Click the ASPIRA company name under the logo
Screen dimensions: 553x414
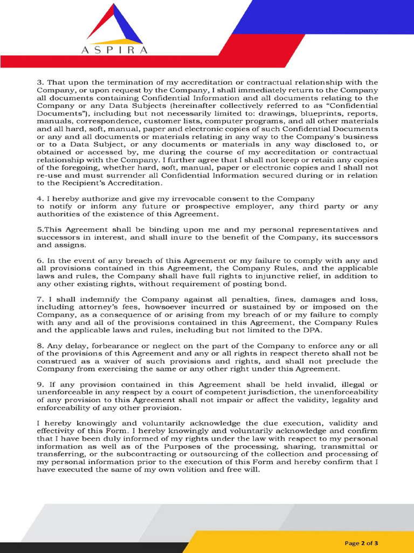click(114, 50)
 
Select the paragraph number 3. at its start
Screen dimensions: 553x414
click(40, 82)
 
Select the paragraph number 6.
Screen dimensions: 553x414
click(40, 260)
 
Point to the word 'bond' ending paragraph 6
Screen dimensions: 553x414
click(275, 284)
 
